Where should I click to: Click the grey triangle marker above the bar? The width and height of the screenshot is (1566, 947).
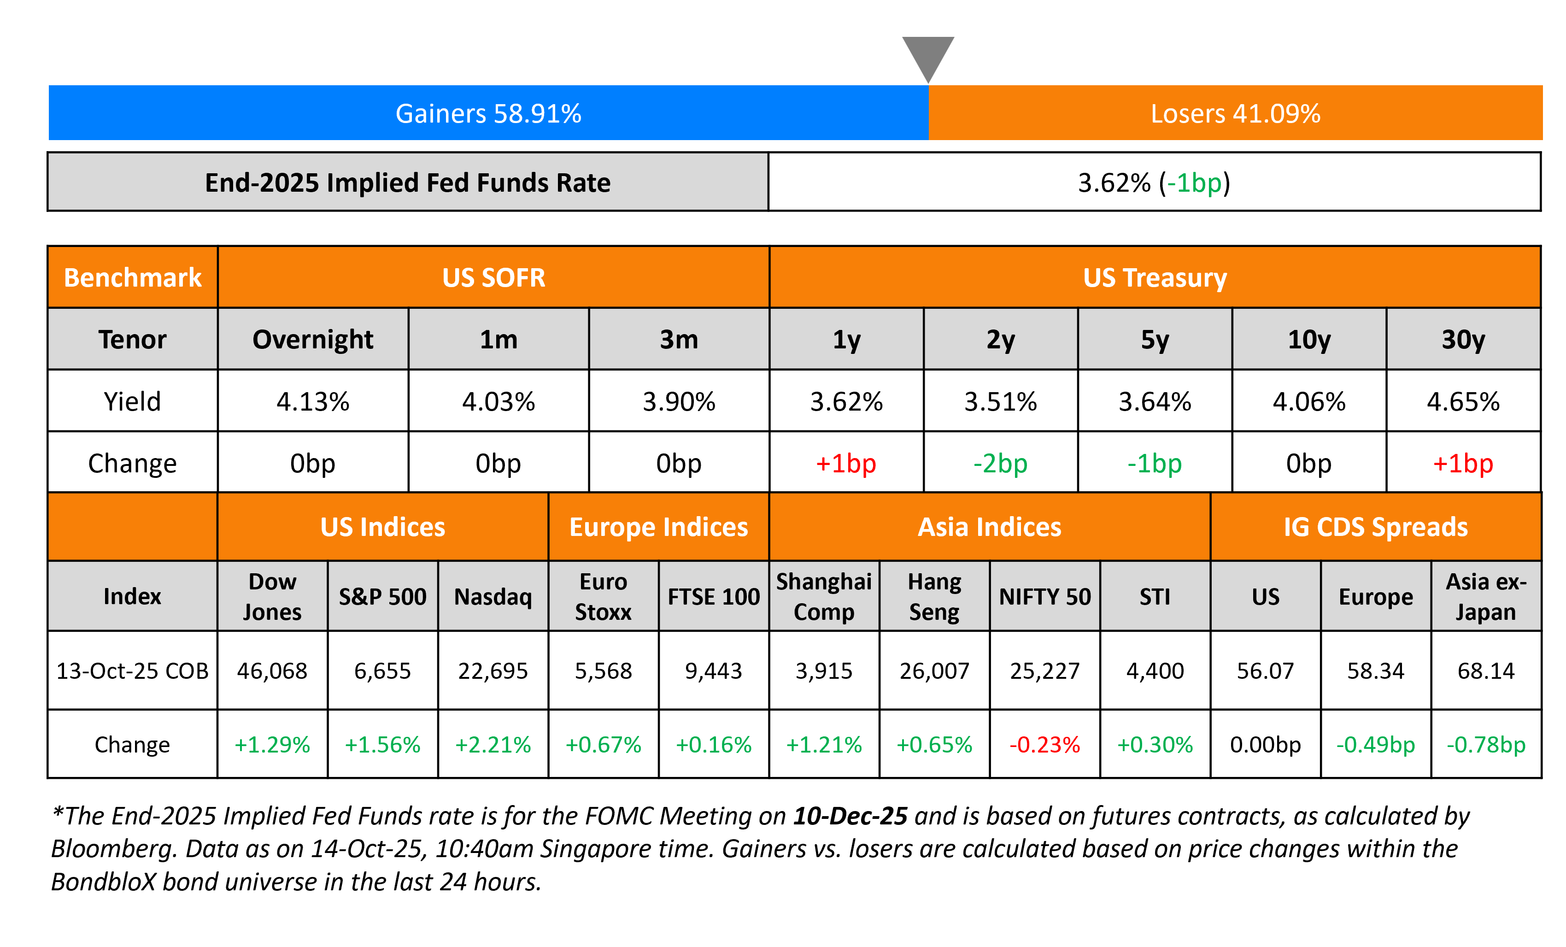tap(928, 55)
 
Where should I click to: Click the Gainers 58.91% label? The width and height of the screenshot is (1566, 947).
tap(488, 114)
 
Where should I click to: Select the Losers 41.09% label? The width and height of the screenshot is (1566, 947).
tap(1235, 114)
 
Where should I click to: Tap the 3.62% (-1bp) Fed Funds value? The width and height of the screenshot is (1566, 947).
tap(1154, 183)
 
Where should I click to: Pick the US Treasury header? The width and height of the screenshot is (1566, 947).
tap(1154, 278)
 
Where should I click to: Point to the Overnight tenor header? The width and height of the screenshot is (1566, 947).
tap(313, 339)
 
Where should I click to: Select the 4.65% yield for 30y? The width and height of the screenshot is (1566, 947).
tap(1463, 402)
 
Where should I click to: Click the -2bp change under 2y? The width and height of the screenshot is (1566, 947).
tap(1000, 463)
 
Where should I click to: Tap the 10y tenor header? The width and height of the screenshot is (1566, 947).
tap(1308, 339)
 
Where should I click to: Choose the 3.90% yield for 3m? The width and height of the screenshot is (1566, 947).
tap(679, 402)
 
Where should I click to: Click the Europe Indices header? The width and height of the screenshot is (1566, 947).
tap(658, 527)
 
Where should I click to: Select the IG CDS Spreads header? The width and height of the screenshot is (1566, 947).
tap(1375, 527)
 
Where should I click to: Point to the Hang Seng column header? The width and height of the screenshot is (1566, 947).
tap(934, 596)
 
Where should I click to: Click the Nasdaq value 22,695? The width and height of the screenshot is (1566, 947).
tap(493, 671)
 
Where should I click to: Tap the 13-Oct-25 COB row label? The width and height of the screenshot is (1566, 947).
tap(132, 671)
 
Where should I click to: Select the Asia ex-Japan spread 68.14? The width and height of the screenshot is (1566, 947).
tap(1486, 671)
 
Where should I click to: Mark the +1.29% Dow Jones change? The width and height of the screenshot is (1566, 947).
tap(272, 744)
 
